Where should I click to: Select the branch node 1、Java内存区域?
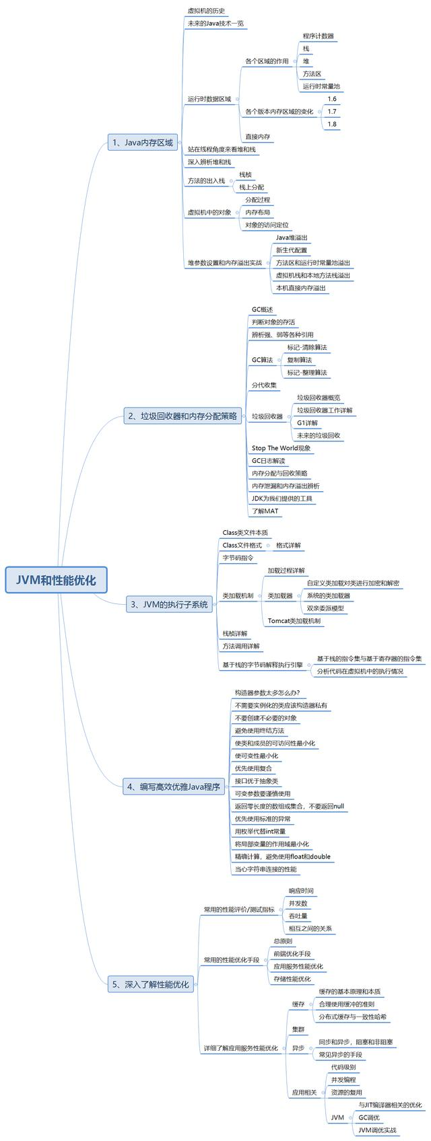pyautogui.click(x=142, y=142)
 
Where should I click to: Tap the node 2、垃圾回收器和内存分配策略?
pyautogui.click(x=183, y=416)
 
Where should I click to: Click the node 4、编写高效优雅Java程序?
pyautogui.click(x=173, y=786)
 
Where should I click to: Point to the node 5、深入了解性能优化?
pyautogui.click(x=150, y=984)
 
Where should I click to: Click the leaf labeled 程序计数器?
pyautogui.click(x=318, y=36)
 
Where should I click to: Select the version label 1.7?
pyautogui.click(x=331, y=112)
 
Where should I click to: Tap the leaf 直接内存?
pyautogui.click(x=257, y=137)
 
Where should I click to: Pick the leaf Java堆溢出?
pyautogui.click(x=292, y=237)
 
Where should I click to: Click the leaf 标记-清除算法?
pyautogui.click(x=306, y=347)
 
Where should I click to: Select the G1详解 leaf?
pyautogui.click(x=307, y=422)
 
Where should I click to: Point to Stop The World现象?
pyautogui.click(x=281, y=448)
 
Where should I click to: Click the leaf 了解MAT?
pyautogui.click(x=265, y=511)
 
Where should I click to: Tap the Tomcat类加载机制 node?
pyautogui.click(x=294, y=621)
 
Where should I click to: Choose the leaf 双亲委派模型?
pyautogui.click(x=325, y=608)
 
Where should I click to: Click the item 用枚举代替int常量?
pyautogui.click(x=260, y=832)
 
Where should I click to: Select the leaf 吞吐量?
pyautogui.click(x=298, y=916)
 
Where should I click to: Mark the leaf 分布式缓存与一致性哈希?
pyautogui.click(x=352, y=1017)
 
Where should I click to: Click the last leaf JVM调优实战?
pyautogui.click(x=377, y=1130)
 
